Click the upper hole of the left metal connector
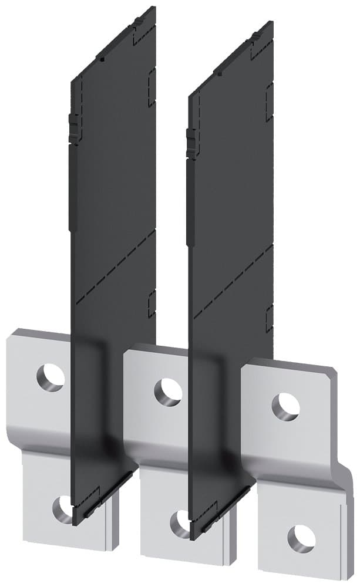[51, 376]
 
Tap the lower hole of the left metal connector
[62, 508]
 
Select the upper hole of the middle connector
[169, 392]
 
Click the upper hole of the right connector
[286, 405]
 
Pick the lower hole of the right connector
[301, 537]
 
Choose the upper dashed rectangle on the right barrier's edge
[270, 95]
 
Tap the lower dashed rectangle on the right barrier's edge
[269, 318]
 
